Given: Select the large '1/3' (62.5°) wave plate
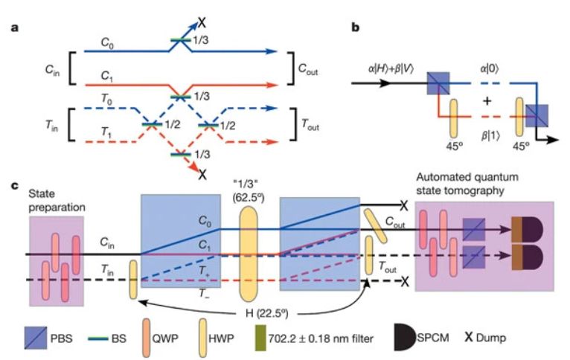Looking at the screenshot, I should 252,253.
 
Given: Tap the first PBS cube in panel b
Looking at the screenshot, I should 438,84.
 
